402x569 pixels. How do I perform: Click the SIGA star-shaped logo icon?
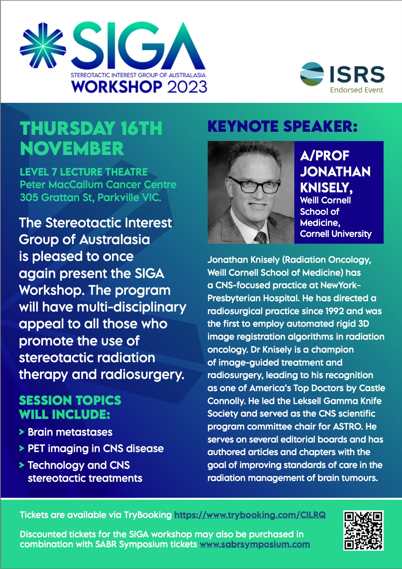tap(43, 46)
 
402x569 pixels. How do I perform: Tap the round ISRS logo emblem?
tap(312, 74)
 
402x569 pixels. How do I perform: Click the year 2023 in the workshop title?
tap(187, 87)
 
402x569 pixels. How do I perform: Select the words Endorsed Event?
tap(357, 90)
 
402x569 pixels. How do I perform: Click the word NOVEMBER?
tap(72, 149)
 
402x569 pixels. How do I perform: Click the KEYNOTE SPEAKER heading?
tap(283, 126)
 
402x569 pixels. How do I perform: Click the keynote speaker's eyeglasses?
tap(255, 185)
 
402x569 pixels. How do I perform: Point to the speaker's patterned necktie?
tap(261, 238)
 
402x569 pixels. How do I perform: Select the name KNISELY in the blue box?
tap(326, 188)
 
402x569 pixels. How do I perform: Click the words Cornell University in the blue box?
tap(336, 234)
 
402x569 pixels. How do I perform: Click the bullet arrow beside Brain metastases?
tap(22, 432)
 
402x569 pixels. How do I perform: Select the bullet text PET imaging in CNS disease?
tap(96, 449)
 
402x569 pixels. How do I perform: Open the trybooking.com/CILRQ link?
tap(250, 515)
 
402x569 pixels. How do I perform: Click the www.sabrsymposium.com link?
tap(255, 544)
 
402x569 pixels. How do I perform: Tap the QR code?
tap(364, 531)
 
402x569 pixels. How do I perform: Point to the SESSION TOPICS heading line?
tap(70, 400)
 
